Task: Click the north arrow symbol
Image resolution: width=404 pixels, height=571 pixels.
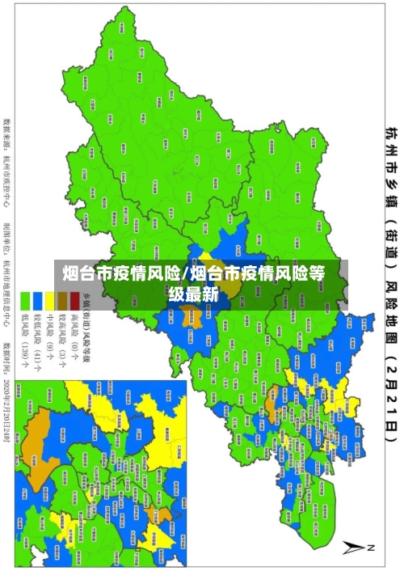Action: tap(358, 548)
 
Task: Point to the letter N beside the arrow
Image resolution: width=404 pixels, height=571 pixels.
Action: tap(372, 548)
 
